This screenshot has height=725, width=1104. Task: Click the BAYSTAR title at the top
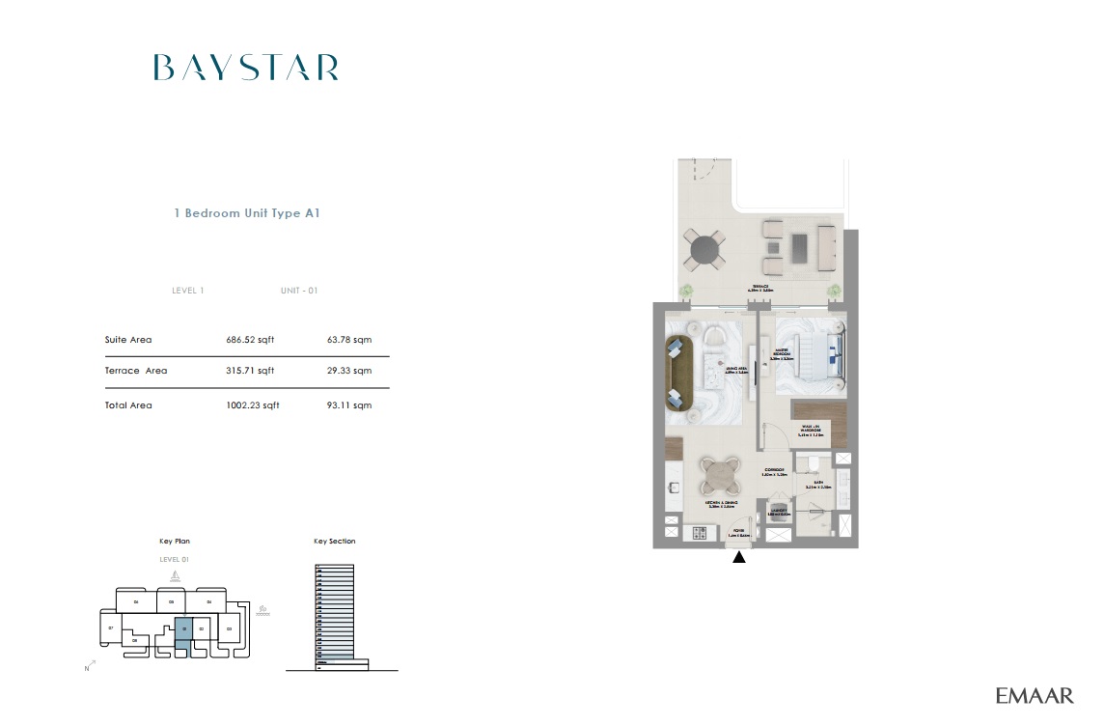pyautogui.click(x=246, y=68)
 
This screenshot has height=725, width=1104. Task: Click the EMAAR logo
pyautogui.click(x=1035, y=695)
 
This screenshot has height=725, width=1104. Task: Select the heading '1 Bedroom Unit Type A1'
pyautogui.click(x=246, y=213)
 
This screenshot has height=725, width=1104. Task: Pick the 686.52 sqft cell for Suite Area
pyautogui.click(x=250, y=340)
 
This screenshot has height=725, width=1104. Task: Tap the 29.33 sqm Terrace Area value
pyautogui.click(x=349, y=371)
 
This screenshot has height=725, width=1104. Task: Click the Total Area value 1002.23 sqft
pyautogui.click(x=252, y=405)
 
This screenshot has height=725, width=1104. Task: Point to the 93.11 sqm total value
pyautogui.click(x=349, y=405)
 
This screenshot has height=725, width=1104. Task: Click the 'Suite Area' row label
pyautogui.click(x=128, y=340)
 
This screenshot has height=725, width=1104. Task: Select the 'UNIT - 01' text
pyautogui.click(x=299, y=291)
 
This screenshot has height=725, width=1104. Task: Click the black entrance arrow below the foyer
pyautogui.click(x=739, y=556)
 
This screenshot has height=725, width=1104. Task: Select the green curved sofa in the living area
pyautogui.click(x=677, y=372)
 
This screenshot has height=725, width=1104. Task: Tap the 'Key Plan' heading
pyautogui.click(x=175, y=542)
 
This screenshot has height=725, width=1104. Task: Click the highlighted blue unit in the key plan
pyautogui.click(x=182, y=631)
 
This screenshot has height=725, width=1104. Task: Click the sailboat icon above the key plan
pyautogui.click(x=175, y=576)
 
